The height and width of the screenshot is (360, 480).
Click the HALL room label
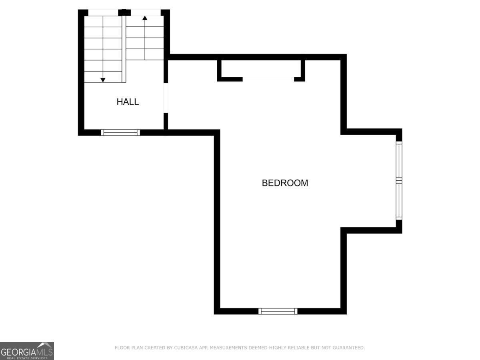tap(128, 102)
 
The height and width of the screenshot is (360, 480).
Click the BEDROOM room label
tap(285, 183)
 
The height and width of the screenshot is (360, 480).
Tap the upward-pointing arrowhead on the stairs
tap(145, 18)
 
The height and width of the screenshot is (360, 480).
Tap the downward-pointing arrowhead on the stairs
tap(103, 80)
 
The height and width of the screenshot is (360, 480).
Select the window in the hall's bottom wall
tap(120, 132)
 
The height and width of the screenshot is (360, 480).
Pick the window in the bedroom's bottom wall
tap(278, 311)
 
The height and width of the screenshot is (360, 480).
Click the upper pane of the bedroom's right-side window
tap(399, 160)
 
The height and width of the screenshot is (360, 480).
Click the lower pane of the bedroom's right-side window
tap(399, 201)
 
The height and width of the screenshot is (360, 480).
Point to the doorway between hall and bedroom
tap(166, 98)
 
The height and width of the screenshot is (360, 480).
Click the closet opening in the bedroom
tap(268, 79)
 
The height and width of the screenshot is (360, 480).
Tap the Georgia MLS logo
tap(27, 351)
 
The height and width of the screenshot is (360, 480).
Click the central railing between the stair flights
tap(124, 49)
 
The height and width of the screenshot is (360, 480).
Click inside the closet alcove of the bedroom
tap(261, 68)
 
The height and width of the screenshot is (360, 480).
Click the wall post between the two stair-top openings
tap(124, 12)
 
